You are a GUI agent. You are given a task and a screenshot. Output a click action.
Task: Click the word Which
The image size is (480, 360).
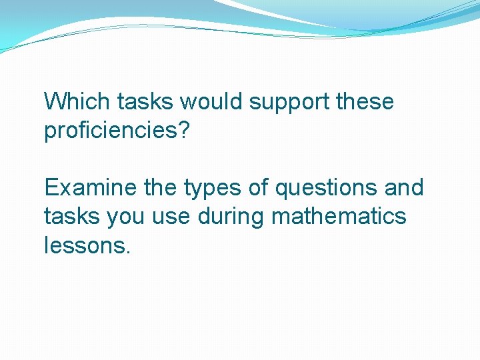(77, 102)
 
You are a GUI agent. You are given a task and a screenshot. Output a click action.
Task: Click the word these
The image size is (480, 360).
(365, 102)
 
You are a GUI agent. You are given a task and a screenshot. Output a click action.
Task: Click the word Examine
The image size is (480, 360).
(91, 188)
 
